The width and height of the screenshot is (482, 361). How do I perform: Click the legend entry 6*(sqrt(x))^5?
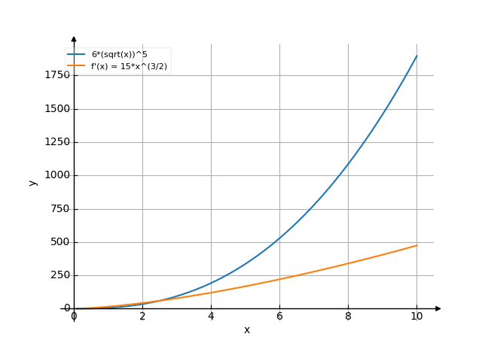coord(119,55)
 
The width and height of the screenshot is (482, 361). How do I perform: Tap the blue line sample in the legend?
coord(77,55)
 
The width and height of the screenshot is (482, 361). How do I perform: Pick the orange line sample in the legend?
coord(77,66)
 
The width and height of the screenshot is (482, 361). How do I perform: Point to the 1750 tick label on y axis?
coord(58,75)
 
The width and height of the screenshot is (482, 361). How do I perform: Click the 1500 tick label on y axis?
coord(58,109)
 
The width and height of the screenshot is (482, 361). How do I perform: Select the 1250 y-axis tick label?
coord(58,142)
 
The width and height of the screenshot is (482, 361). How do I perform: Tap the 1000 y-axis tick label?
coord(58,175)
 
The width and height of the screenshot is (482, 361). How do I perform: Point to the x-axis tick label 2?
coord(142,317)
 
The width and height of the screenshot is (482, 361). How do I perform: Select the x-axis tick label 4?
coord(211,317)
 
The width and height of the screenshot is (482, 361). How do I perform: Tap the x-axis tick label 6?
coord(279,317)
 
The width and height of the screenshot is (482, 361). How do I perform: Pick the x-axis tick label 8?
coord(348,317)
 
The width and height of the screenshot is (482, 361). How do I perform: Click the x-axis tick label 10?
coord(416,317)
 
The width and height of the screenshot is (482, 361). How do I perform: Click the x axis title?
coord(246,330)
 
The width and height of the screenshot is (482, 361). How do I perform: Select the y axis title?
coord(32,182)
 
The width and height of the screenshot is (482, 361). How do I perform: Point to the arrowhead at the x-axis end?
coord(438,308)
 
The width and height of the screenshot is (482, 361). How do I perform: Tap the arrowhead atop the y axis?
coord(74,38)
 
